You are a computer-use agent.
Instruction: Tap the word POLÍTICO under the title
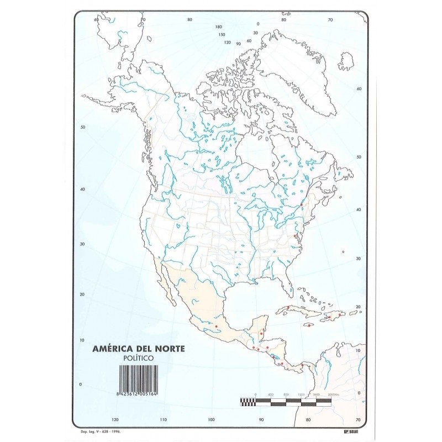coord(138,357)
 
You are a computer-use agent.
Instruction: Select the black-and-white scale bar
coord(286,402)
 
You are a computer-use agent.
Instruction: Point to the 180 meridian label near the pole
coord(219,27)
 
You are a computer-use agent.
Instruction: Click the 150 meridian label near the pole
coord(221,34)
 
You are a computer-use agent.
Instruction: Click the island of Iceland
coord(346,60)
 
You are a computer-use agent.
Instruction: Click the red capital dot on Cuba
coord(288,307)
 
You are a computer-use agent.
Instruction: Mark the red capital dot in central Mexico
coord(215,326)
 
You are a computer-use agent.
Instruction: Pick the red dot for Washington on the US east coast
coord(295,236)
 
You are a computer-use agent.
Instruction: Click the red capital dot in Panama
coord(301,365)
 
